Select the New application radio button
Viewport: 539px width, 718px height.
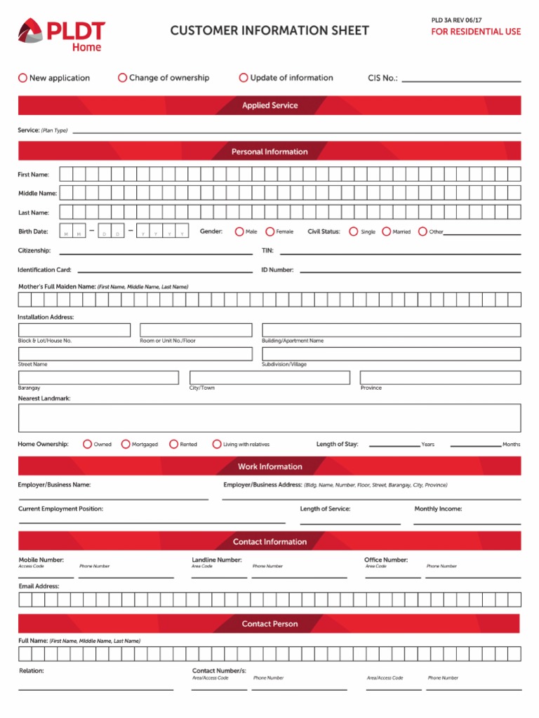tap(22, 78)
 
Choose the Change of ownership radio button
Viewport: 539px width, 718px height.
tap(123, 78)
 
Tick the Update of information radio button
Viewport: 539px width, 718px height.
tap(244, 78)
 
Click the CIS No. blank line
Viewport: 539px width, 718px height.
tap(460, 79)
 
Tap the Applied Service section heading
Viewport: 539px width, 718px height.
tap(269, 106)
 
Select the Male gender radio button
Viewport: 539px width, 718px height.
tap(239, 231)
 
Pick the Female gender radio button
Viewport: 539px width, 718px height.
tap(270, 231)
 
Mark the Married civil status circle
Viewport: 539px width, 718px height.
tap(387, 231)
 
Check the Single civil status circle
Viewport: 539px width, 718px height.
tap(354, 231)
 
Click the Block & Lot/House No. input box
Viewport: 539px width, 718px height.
tap(74, 330)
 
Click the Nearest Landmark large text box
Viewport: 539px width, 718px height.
tap(269, 418)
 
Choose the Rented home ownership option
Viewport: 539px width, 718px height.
tap(173, 444)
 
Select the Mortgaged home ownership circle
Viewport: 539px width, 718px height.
tap(126, 444)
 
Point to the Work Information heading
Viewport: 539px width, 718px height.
tap(269, 466)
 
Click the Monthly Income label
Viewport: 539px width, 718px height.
tap(438, 509)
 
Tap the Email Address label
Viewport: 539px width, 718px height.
tap(39, 586)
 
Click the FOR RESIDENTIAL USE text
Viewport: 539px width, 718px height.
tap(476, 32)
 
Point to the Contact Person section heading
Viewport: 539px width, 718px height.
tap(269, 623)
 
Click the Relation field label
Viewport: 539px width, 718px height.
tap(32, 671)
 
